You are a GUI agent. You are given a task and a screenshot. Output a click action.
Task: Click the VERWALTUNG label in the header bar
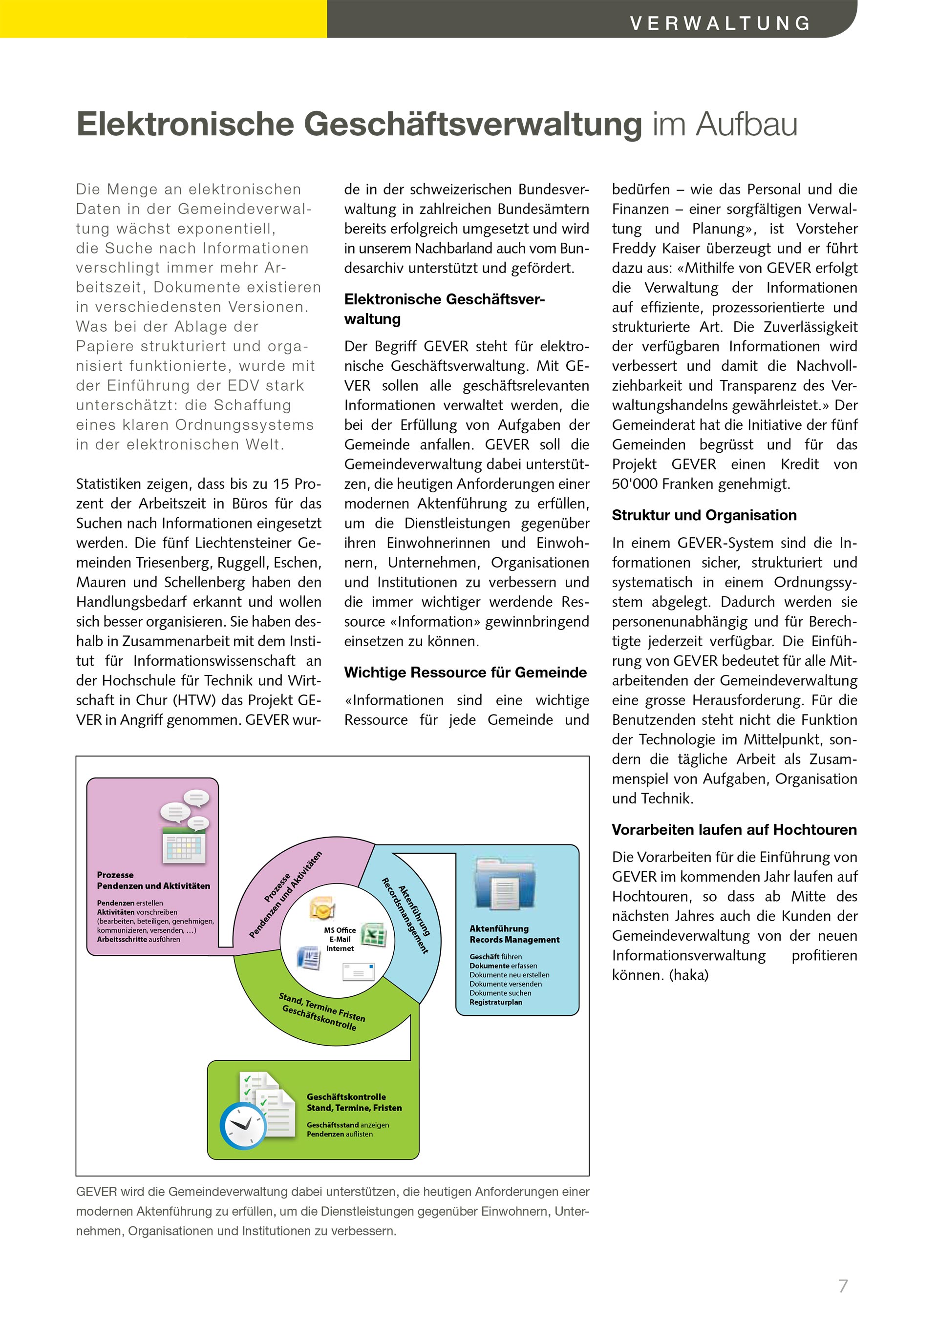click(x=720, y=23)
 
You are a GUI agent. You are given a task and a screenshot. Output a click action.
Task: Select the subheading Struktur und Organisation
click(x=703, y=515)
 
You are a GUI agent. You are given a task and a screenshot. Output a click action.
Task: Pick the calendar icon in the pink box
click(x=183, y=845)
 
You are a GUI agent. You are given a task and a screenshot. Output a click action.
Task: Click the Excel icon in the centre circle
click(x=374, y=934)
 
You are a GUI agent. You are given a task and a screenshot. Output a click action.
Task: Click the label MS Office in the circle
click(x=340, y=930)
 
